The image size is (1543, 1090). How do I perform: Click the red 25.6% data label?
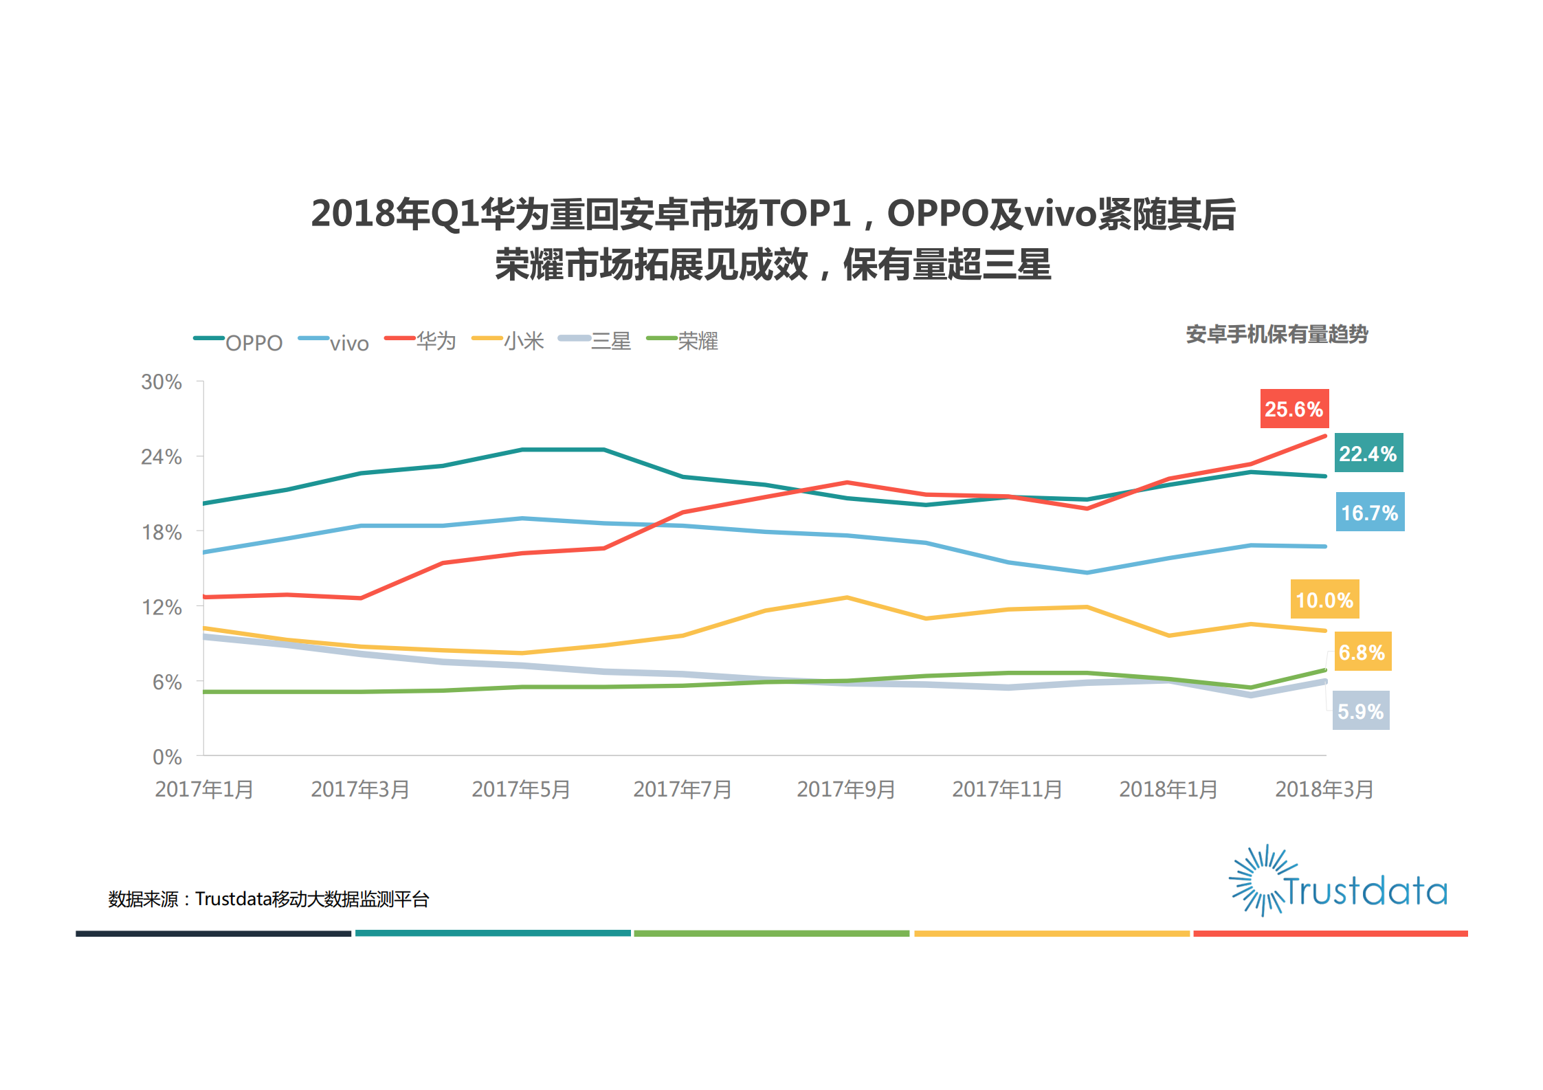coord(1294,410)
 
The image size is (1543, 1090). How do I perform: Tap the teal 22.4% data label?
coord(1368,454)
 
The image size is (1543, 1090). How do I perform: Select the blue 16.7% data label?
coord(1369,513)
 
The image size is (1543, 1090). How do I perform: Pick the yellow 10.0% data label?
coord(1324,600)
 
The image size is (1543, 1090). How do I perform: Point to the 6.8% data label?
coord(1362,652)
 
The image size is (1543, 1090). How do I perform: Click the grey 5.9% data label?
coord(1360,711)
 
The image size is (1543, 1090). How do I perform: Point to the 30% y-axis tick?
coord(162,382)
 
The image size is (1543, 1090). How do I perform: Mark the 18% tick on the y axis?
coord(162,533)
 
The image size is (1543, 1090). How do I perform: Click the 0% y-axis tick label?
coord(167,757)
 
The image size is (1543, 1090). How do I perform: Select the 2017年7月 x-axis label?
coord(682,790)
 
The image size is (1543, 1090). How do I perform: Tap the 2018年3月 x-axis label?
coord(1324,790)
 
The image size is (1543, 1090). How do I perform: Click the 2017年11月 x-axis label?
coord(1006,790)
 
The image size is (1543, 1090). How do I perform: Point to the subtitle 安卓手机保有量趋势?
coord(1276,335)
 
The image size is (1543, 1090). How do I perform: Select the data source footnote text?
coord(268,899)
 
